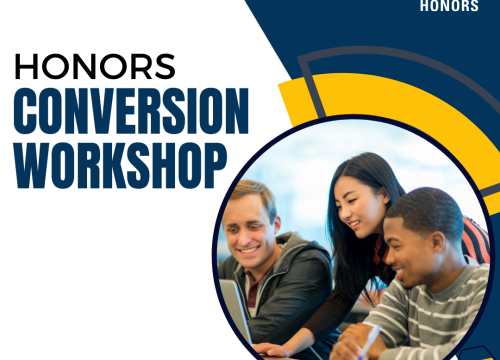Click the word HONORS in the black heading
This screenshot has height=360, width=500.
[x=95, y=66]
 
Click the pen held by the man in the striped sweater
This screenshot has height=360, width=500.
[x=367, y=340]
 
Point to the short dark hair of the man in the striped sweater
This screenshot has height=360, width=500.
[x=420, y=210]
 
